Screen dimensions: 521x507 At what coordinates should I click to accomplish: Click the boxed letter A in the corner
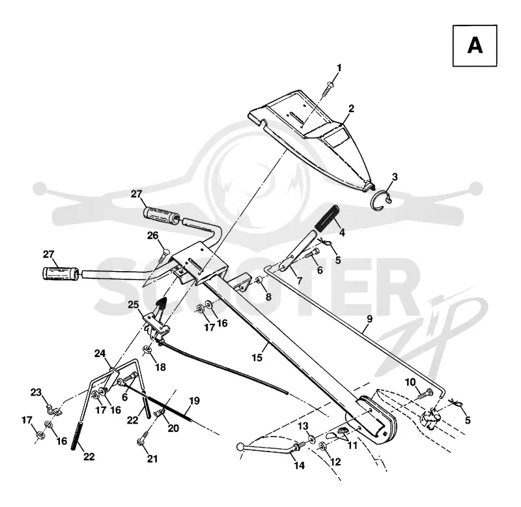475,46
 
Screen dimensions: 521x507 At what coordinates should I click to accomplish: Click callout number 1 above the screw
339,68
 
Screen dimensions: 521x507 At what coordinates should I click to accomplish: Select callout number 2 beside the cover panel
351,108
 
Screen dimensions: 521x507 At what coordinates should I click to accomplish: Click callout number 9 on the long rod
369,319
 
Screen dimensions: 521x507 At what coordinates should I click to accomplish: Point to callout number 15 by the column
257,358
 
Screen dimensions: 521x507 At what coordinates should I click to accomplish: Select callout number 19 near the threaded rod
194,401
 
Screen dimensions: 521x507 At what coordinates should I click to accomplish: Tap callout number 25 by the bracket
134,304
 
